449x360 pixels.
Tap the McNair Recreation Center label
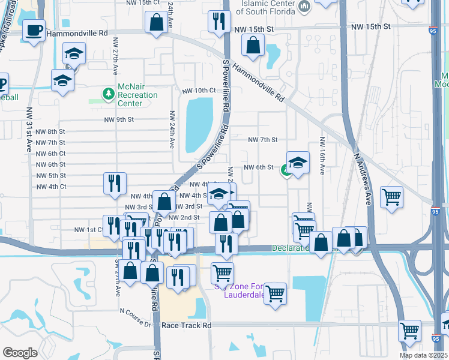[x=137, y=95]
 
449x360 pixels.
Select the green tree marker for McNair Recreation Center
[x=108, y=94]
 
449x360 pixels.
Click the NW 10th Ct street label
[x=199, y=91]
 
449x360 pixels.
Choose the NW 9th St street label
[x=116, y=119]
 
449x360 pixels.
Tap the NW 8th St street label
[x=50, y=132]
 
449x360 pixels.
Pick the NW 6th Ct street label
[x=50, y=154]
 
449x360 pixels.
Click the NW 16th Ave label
[x=322, y=156]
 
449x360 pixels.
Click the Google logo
[x=20, y=352]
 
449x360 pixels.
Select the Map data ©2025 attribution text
[x=423, y=355]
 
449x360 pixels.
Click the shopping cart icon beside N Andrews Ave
[x=391, y=197]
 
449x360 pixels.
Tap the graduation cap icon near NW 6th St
[x=298, y=162]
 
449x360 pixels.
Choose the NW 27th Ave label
[x=114, y=58]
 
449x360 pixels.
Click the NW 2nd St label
[x=184, y=217]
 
